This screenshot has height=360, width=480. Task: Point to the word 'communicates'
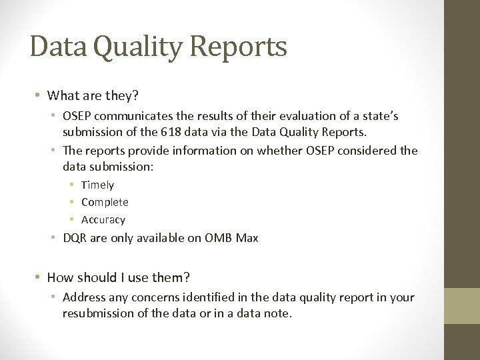tap(131, 115)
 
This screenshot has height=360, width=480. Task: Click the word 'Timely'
tap(97, 185)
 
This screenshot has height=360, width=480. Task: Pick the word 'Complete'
tap(105, 202)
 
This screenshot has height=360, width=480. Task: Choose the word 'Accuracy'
tap(103, 219)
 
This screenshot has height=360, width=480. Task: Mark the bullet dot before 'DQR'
tap(55, 237)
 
